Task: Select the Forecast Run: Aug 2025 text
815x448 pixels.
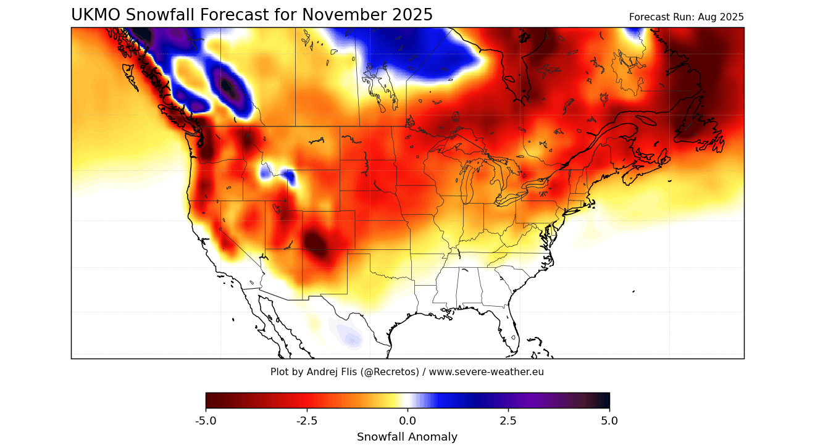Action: pyautogui.click(x=686, y=17)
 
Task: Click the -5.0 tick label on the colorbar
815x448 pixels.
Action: pyautogui.click(x=206, y=421)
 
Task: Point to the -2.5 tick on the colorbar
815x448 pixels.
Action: pyautogui.click(x=307, y=421)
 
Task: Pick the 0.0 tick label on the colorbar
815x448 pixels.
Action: pyautogui.click(x=407, y=421)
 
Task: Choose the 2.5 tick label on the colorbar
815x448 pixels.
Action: pyautogui.click(x=509, y=421)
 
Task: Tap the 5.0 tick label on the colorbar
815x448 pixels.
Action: pyautogui.click(x=609, y=421)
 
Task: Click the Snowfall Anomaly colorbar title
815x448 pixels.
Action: pyautogui.click(x=407, y=437)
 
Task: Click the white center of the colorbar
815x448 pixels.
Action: pyautogui.click(x=407, y=400)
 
